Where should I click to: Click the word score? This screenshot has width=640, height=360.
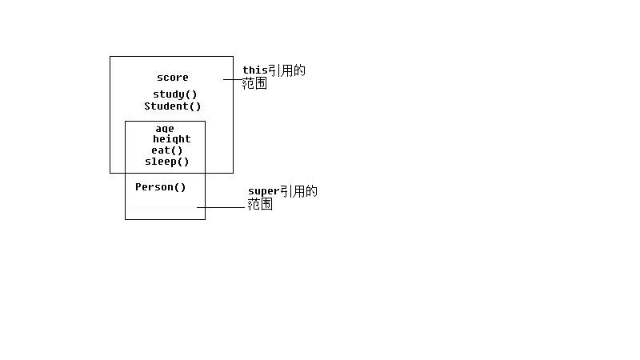[x=173, y=78]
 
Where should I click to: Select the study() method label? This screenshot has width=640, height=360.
[x=175, y=94]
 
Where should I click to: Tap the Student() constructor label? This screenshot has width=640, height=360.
[x=173, y=106]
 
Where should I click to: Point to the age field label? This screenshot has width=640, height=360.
[x=165, y=129]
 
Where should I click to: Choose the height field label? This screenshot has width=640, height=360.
[x=172, y=139]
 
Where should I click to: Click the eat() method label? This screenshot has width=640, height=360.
[x=167, y=150]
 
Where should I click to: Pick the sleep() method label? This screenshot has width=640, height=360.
[x=167, y=162]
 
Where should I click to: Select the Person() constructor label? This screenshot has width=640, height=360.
[x=161, y=187]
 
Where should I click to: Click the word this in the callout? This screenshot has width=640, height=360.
[x=255, y=70]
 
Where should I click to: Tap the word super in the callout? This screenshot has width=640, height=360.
[x=262, y=191]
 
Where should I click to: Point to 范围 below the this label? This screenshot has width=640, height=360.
[x=255, y=83]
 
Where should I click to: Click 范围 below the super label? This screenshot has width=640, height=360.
[x=260, y=204]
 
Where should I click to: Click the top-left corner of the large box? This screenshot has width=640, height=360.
[x=110, y=57]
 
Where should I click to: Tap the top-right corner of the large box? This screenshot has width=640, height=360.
[x=233, y=57]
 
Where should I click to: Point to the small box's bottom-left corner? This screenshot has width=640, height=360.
[x=126, y=218]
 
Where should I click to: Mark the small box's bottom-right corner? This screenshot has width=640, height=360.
[x=205, y=218]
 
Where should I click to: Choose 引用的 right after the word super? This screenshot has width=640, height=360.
[x=298, y=191]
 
